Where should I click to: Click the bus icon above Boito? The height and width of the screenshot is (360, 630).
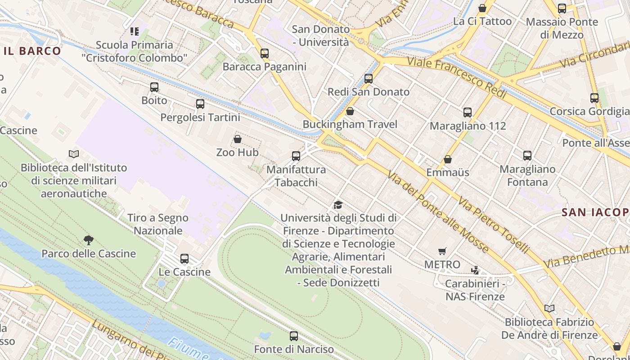coord(154,87)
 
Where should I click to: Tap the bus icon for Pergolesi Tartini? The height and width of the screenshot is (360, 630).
coord(200,104)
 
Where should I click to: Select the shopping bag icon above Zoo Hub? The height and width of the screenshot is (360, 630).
coord(238,139)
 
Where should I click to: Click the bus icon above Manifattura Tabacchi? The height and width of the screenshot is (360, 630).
coord(296,156)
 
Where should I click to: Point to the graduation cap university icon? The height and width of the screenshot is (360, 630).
coord(338,205)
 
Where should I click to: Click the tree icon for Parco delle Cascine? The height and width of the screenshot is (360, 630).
coord(89,240)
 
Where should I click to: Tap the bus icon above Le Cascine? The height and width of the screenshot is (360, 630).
coord(184,259)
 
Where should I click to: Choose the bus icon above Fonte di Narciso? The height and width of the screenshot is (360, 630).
coord(294,336)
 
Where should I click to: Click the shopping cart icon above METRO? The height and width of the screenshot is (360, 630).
coord(442,251)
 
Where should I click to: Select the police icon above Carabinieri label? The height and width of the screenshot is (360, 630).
coord(475,270)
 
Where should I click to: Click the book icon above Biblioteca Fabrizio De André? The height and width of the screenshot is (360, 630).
coord(549,309)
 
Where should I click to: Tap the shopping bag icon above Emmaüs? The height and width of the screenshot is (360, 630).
coord(448,159)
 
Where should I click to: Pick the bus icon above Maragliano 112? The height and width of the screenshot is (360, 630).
coord(468,112)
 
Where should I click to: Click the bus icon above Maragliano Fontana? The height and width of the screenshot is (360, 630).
coord(527,156)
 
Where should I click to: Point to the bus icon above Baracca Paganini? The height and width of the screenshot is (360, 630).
coord(265,54)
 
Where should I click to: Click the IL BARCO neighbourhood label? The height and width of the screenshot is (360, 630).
coord(32,51)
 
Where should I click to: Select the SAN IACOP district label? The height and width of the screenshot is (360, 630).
coord(595,212)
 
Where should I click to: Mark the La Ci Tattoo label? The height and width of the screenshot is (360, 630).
coord(482,21)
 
